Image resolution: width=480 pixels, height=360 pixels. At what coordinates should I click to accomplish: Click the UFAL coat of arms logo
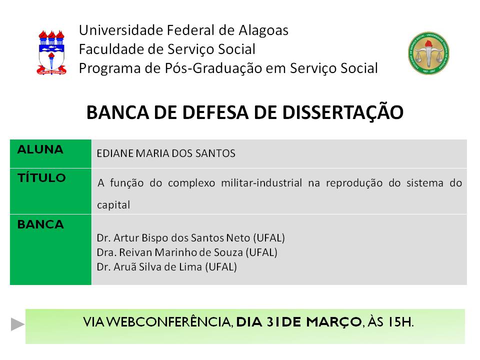tap(51, 52)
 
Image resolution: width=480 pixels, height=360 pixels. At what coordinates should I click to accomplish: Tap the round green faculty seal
tap(428, 53)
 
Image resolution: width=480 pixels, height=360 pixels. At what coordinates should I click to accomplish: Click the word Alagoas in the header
tap(263, 30)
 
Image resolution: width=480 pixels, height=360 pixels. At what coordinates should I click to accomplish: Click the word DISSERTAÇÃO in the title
tap(343, 112)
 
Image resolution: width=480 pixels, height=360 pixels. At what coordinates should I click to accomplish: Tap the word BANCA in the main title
tap(118, 113)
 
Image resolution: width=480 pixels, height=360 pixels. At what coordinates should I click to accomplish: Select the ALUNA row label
tap(40, 149)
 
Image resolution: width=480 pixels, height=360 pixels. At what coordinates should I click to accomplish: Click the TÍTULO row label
tap(41, 177)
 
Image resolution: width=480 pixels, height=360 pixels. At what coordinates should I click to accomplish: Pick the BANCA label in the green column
tap(40, 224)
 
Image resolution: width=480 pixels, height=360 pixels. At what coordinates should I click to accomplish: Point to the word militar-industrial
tap(261, 183)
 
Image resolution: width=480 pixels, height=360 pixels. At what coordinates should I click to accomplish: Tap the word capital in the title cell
tap(113, 205)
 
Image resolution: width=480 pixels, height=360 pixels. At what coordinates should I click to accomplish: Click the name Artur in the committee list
tap(126, 238)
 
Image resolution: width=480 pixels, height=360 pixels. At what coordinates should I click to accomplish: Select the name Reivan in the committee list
tap(135, 252)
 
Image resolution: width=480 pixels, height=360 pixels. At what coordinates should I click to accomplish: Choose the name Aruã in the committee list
tap(125, 267)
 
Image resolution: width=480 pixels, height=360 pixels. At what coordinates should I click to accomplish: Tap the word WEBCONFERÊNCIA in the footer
tap(170, 322)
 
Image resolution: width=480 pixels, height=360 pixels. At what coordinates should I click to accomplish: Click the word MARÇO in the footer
tap(334, 322)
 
